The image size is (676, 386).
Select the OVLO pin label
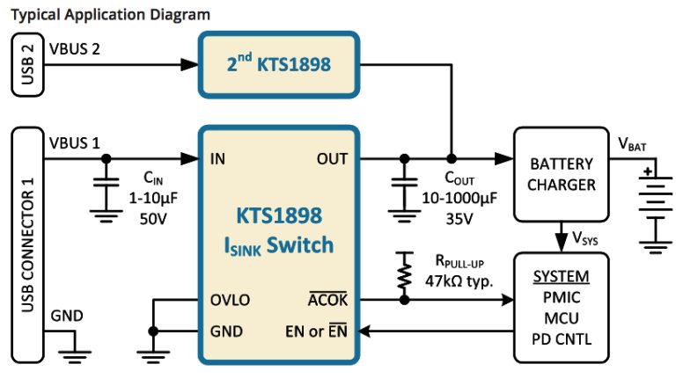point(231,300)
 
